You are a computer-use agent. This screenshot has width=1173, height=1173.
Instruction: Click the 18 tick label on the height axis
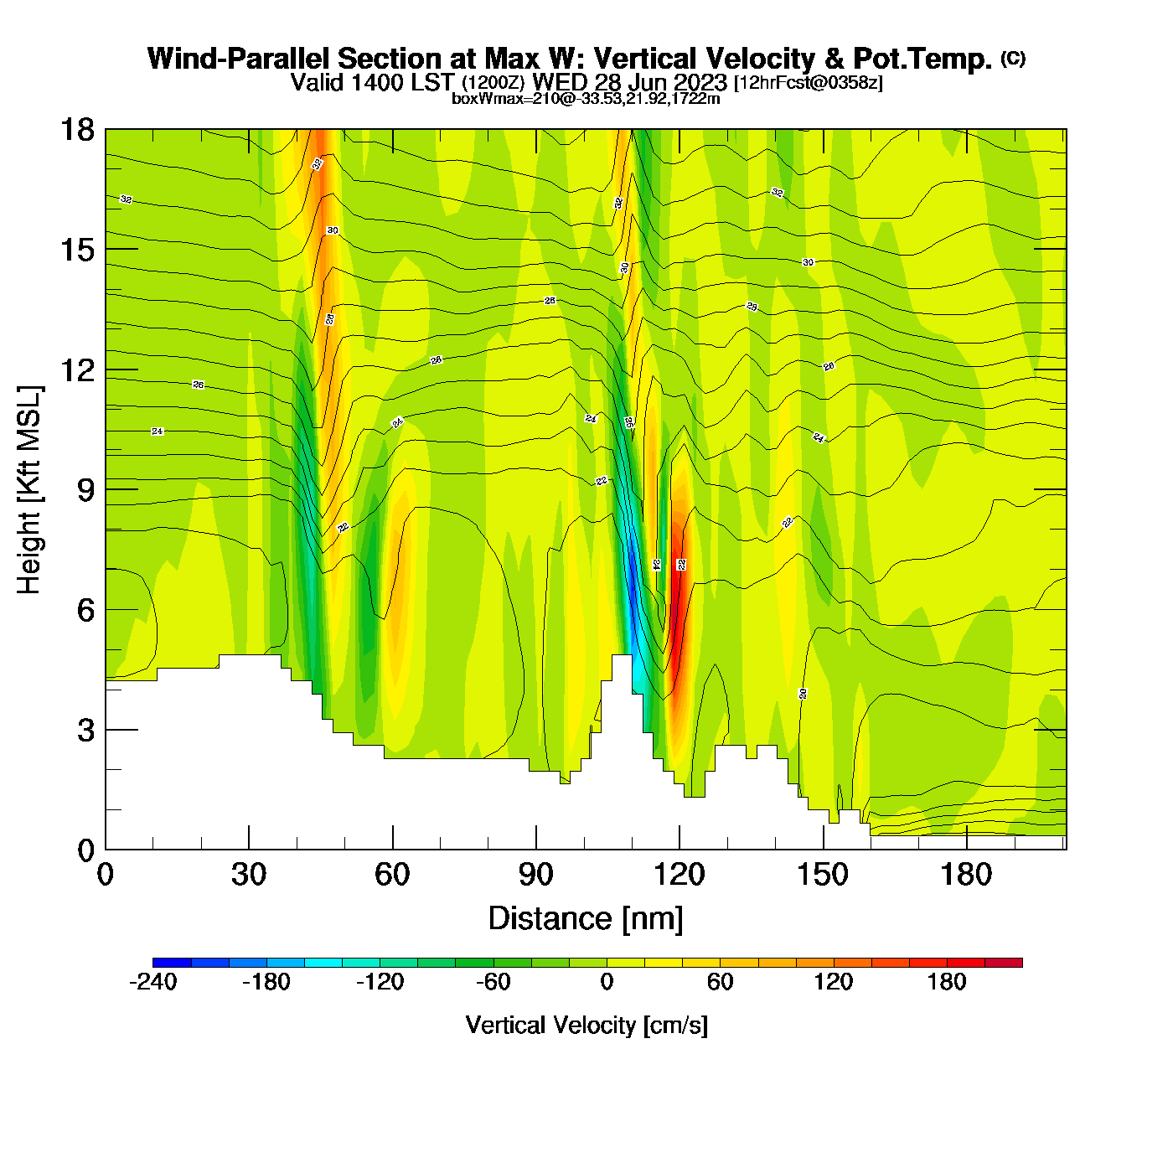77,130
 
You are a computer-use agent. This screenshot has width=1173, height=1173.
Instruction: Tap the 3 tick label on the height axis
85,730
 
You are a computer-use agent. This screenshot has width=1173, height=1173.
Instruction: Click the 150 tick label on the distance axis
823,875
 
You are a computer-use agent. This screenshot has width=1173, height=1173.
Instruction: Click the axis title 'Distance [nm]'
586,918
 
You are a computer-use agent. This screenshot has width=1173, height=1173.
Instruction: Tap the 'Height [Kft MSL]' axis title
29,490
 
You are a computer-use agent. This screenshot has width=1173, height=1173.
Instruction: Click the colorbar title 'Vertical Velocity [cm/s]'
586,1025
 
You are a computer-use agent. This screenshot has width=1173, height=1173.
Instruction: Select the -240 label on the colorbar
153,982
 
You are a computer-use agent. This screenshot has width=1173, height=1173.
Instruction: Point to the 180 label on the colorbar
947,982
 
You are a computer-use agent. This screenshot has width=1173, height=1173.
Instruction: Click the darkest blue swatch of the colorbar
172,963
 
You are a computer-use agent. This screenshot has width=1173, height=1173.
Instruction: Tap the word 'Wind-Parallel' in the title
239,59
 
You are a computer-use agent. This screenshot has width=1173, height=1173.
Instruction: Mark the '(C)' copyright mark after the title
1013,58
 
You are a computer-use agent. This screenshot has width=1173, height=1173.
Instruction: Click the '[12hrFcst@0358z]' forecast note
808,83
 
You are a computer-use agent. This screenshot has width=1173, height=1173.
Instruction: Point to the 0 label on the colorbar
607,982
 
